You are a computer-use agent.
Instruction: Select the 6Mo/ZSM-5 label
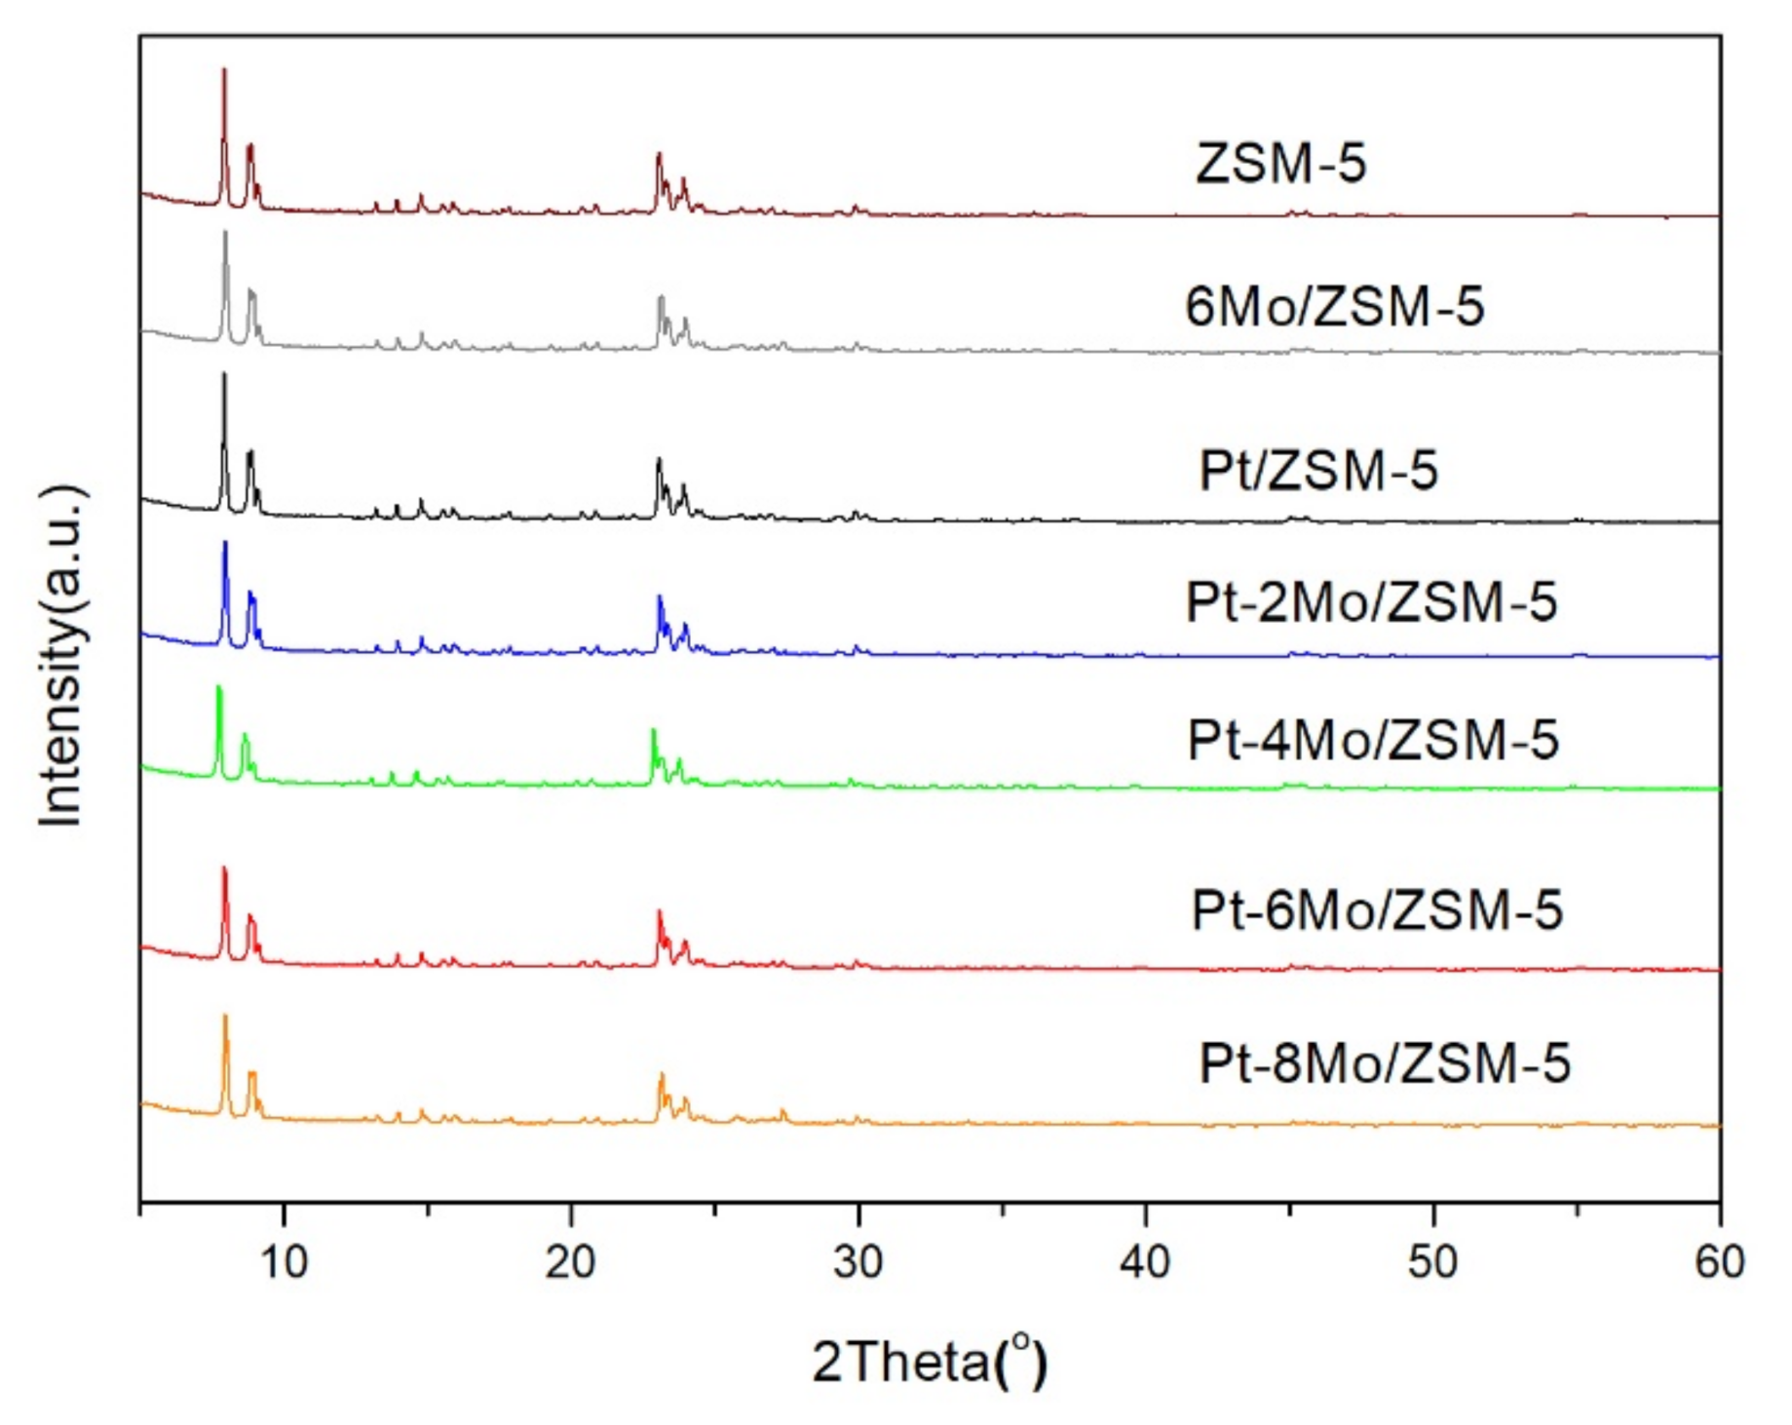(x=1334, y=306)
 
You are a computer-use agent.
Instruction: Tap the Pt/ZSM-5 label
(x=1317, y=471)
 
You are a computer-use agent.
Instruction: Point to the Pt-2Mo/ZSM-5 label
(x=1371, y=601)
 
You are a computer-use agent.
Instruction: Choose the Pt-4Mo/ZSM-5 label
(x=1373, y=740)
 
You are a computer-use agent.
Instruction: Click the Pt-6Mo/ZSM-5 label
(x=1377, y=910)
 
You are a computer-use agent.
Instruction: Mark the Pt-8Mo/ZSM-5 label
(x=1385, y=1062)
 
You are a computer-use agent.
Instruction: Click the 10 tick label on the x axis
(x=284, y=1262)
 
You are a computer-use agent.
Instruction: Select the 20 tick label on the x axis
(x=571, y=1262)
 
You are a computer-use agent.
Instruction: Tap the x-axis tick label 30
(x=858, y=1262)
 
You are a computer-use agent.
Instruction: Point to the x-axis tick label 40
(x=1145, y=1262)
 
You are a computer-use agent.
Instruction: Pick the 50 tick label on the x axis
(x=1432, y=1262)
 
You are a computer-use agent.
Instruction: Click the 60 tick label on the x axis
(x=1719, y=1262)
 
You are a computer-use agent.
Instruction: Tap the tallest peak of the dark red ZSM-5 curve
(x=224, y=70)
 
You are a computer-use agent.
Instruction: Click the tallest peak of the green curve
(x=218, y=688)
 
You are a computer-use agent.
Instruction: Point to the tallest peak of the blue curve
(x=225, y=543)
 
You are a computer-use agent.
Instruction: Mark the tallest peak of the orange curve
(x=225, y=1017)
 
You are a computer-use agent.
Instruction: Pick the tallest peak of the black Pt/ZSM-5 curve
(x=224, y=374)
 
